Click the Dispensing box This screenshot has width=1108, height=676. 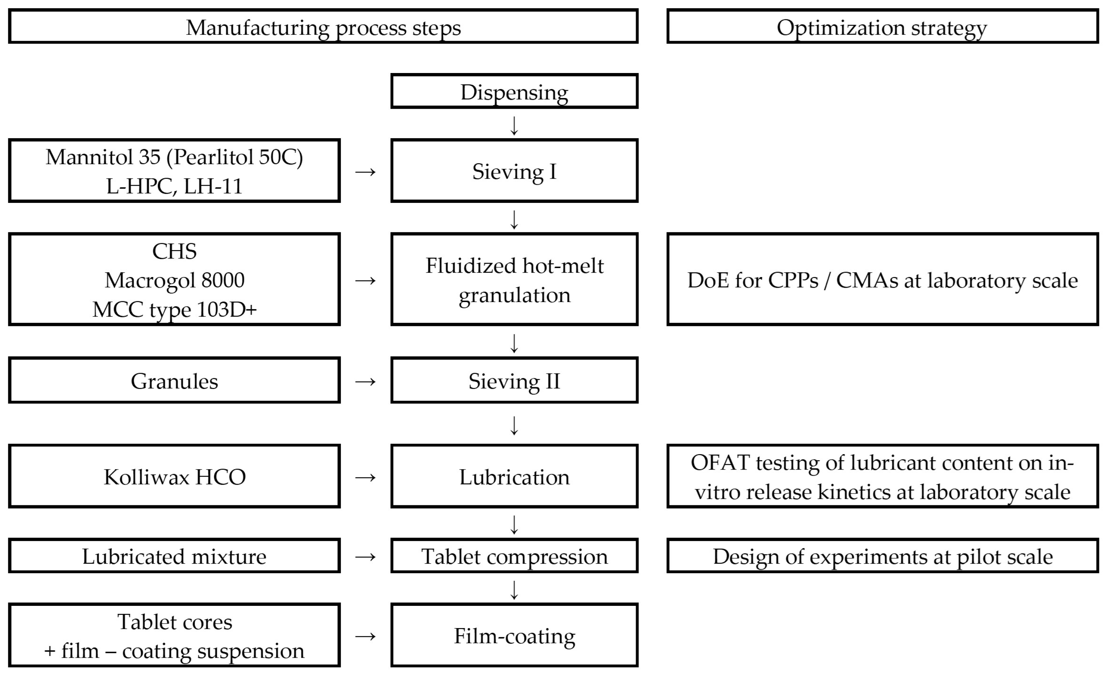point(514,91)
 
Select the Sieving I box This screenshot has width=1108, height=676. point(514,170)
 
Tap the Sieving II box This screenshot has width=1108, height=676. point(514,380)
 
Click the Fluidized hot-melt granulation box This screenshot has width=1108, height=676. point(514,279)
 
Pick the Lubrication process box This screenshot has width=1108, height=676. point(514,476)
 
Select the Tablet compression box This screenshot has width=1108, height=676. point(514,556)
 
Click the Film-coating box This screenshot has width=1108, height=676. point(514,635)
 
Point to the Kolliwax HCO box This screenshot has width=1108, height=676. point(174,476)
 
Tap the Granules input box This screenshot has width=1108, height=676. point(174,380)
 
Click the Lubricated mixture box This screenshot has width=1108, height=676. point(174,556)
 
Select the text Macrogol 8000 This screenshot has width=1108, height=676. point(174,280)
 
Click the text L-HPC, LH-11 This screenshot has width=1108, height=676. point(174,186)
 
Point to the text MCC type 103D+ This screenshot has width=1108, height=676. point(174,309)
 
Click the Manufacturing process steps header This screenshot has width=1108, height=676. point(323,26)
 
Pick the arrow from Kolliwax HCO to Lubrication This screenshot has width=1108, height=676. point(365,477)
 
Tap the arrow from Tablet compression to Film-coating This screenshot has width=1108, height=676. point(514,590)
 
